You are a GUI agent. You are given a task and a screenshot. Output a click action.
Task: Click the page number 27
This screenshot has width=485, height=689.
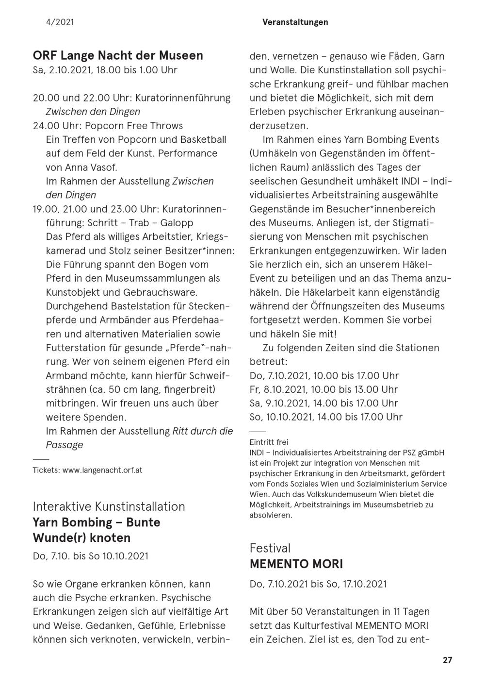[447, 660]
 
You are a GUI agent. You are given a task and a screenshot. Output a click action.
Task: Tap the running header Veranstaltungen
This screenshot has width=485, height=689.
[295, 22]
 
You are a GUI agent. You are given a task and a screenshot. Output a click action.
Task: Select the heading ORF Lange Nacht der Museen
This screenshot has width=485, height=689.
[118, 55]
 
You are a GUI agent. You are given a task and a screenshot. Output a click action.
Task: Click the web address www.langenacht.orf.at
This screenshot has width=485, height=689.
[102, 471]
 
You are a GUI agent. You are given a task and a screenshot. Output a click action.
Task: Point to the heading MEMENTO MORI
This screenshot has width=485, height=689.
[296, 564]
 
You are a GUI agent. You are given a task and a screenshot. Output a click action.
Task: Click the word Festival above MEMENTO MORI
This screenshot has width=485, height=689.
[270, 548]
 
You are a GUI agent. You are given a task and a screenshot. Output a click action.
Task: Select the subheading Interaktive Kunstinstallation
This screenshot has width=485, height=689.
[109, 506]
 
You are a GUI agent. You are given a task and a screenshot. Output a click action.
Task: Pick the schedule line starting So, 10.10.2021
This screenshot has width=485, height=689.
[326, 417]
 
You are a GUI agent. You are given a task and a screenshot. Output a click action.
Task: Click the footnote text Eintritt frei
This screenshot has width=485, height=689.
[269, 442]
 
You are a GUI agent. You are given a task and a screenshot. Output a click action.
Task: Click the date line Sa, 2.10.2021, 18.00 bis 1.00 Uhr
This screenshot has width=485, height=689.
[105, 70]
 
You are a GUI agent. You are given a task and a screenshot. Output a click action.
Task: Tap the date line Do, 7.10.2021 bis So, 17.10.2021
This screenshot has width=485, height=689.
[318, 584]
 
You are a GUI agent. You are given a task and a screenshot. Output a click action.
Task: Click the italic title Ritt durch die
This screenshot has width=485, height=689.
[203, 431]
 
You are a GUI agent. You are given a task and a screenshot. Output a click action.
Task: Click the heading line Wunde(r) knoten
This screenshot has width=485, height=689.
[81, 538]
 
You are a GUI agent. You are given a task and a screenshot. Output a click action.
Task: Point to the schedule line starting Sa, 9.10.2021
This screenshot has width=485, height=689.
[323, 403]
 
